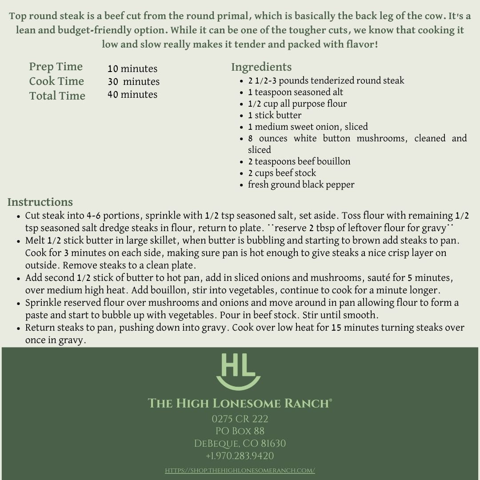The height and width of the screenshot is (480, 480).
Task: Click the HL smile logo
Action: click(239, 371)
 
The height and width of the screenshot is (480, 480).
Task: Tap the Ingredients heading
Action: click(261, 67)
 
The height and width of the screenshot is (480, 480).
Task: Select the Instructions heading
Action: click(40, 202)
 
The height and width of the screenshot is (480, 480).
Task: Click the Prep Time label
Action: click(56, 67)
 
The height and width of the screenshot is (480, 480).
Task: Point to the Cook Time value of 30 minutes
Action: click(133, 82)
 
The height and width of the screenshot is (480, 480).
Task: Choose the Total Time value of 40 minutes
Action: click(132, 95)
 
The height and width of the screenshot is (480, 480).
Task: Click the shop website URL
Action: click(240, 470)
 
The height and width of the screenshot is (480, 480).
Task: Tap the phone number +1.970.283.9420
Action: click(240, 456)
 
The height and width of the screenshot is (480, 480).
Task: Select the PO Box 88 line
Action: click(240, 431)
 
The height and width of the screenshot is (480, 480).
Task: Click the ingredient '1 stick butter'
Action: click(275, 115)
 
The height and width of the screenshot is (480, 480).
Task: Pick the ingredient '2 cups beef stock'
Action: click(282, 173)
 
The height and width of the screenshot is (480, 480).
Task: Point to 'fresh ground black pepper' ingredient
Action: click(301, 184)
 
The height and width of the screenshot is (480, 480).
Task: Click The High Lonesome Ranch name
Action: click(240, 404)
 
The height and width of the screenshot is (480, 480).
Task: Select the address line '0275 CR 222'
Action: click(240, 419)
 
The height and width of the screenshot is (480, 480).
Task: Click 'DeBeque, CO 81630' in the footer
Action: click(240, 444)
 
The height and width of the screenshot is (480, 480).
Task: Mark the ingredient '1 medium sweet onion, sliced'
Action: click(308, 127)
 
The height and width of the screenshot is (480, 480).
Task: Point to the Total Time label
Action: click(57, 96)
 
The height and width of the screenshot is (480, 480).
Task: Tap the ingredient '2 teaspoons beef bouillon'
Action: click(299, 161)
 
